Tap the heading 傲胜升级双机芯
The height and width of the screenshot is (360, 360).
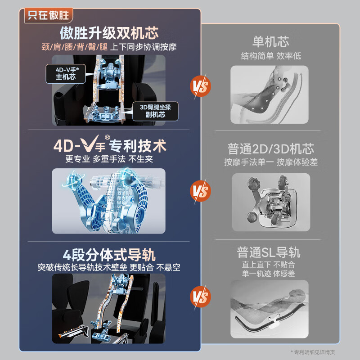pos(109,33)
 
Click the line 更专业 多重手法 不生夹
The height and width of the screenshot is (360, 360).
pos(109,159)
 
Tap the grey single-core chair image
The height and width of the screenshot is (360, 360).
pos(270,94)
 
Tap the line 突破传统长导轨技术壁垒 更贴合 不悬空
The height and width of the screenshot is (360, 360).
pos(109,267)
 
